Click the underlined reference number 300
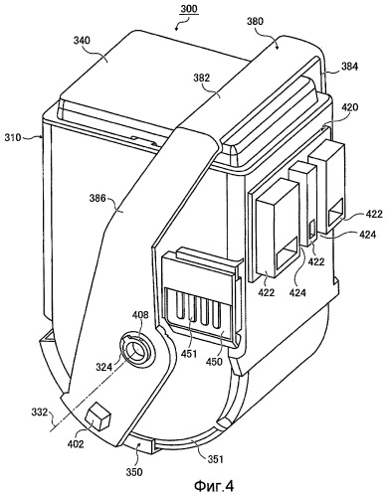tap(189, 9)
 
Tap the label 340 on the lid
tap(81, 41)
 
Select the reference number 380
tap(255, 21)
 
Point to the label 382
tap(201, 78)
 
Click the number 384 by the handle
tap(349, 67)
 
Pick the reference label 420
tap(349, 107)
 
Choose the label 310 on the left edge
tap(13, 137)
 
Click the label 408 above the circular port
tap(141, 314)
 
